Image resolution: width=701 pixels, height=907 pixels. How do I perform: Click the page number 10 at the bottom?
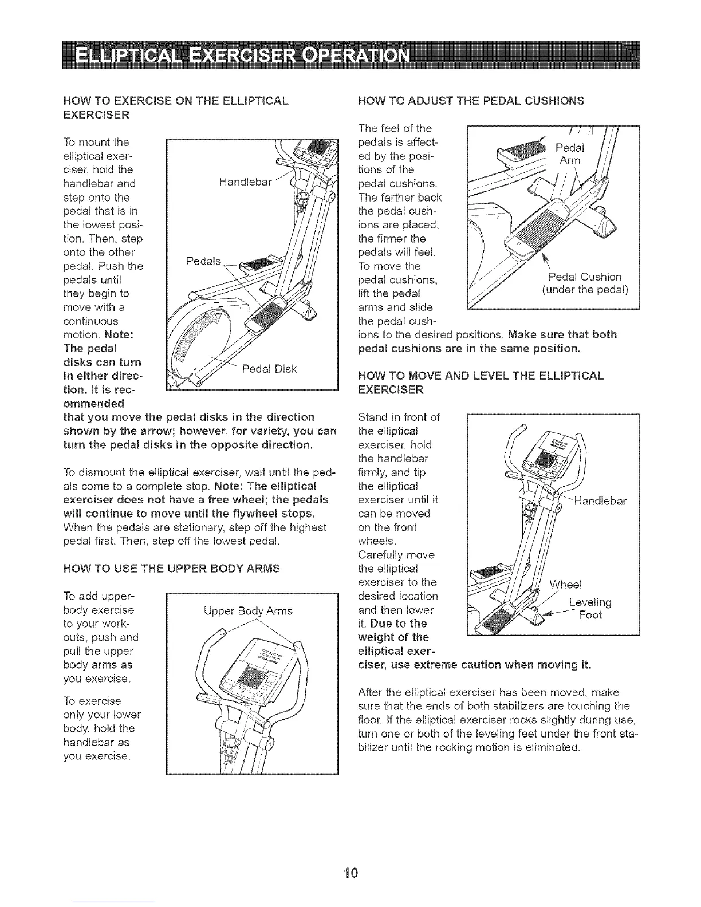pyautogui.click(x=350, y=873)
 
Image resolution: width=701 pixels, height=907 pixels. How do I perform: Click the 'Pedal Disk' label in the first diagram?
pyautogui.click(x=269, y=368)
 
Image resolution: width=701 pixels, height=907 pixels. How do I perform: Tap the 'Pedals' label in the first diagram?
pyautogui.click(x=203, y=261)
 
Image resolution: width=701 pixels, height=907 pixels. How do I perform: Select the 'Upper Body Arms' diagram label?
pyautogui.click(x=248, y=611)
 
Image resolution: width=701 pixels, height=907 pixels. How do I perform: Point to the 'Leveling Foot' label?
pyautogui.click(x=590, y=609)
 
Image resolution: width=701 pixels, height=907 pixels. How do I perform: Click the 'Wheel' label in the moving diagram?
pyautogui.click(x=565, y=585)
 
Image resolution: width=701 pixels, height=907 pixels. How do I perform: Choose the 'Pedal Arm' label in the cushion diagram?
pyautogui.click(x=570, y=154)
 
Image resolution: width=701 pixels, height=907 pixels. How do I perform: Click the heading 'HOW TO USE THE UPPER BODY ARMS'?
pyautogui.click(x=172, y=568)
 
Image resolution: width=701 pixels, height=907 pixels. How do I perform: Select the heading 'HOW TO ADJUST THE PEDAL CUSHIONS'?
pyautogui.click(x=470, y=101)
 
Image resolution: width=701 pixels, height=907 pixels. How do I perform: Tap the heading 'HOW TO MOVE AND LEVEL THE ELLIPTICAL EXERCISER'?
pyautogui.click(x=481, y=382)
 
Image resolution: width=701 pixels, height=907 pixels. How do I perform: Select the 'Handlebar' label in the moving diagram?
pyautogui.click(x=600, y=502)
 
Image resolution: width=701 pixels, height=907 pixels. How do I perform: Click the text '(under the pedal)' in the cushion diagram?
pyautogui.click(x=585, y=290)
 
